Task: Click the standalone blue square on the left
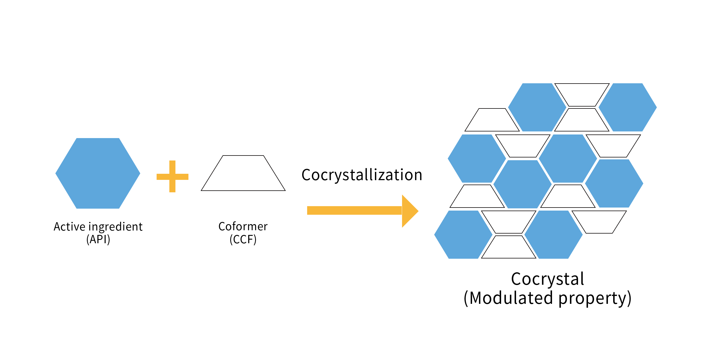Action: coord(97,173)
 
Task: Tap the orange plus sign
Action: coord(172,176)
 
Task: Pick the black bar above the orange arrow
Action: coord(358,176)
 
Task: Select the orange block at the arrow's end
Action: coord(410,211)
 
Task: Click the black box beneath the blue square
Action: coord(98,233)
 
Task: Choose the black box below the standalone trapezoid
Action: coord(244,234)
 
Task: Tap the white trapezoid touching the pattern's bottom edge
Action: coord(509,248)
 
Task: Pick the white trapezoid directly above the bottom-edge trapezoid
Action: coord(509,222)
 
